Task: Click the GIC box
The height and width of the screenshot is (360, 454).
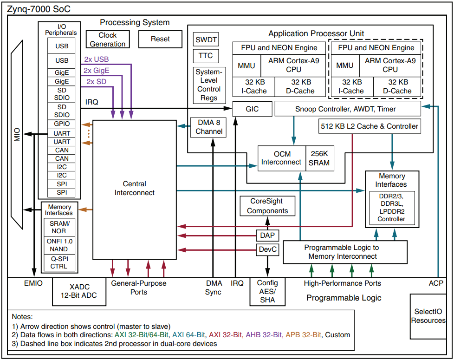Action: (x=252, y=109)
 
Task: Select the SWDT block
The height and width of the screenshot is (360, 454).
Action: (x=206, y=39)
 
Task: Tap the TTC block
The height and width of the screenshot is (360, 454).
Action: (x=206, y=56)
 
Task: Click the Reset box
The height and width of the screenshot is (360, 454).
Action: (x=161, y=39)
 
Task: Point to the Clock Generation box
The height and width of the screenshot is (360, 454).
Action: (x=108, y=39)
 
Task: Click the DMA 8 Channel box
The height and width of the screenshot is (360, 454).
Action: (x=208, y=127)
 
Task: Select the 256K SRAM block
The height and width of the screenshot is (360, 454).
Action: (x=320, y=158)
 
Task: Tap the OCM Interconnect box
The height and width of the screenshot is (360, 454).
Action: (x=282, y=158)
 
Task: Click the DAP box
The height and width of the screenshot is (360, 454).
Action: (x=267, y=236)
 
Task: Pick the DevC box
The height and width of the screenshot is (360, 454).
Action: (x=267, y=249)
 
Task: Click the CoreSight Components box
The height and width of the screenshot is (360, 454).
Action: (x=267, y=206)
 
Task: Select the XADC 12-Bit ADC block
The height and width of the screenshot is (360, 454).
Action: (x=79, y=291)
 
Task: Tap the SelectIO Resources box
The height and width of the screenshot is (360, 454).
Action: (x=428, y=316)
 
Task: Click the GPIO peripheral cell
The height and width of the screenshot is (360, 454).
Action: (x=61, y=124)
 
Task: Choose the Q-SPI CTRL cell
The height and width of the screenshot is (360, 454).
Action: (x=59, y=263)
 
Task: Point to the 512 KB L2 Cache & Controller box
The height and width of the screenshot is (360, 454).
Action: (x=370, y=126)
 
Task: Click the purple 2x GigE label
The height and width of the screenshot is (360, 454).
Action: (x=97, y=71)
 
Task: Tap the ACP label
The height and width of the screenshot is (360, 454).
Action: (x=436, y=283)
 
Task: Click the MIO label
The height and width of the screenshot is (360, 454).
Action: (x=17, y=135)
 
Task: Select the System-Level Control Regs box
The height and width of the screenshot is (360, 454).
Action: (x=209, y=85)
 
